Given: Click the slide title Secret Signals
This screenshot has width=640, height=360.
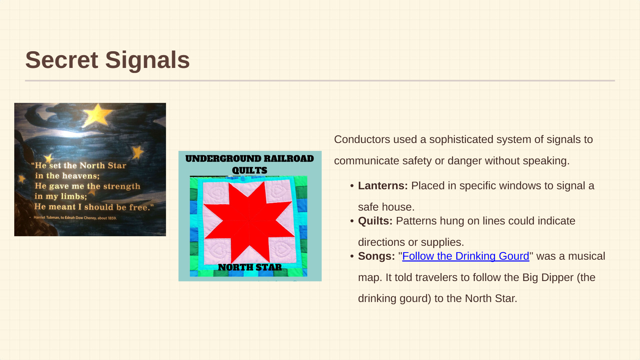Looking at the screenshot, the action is point(107,60).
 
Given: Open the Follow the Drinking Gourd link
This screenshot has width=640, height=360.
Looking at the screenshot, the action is point(465,256).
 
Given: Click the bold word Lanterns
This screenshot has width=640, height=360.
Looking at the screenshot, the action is point(383,186).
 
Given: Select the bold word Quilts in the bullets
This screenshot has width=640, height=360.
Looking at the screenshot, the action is point(375,221).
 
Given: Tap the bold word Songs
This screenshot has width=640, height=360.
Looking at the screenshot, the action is point(376,256).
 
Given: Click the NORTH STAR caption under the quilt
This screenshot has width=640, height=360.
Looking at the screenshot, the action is point(250,267).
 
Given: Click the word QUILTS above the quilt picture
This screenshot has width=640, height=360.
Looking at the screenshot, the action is point(250,170).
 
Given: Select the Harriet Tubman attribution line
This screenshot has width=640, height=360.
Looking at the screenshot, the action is point(75,218).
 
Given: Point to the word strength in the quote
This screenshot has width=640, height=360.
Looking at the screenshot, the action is point(122,186).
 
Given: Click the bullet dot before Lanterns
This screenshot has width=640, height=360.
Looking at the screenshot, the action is point(352,186).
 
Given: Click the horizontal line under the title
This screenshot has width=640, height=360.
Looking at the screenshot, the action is point(320,81).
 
